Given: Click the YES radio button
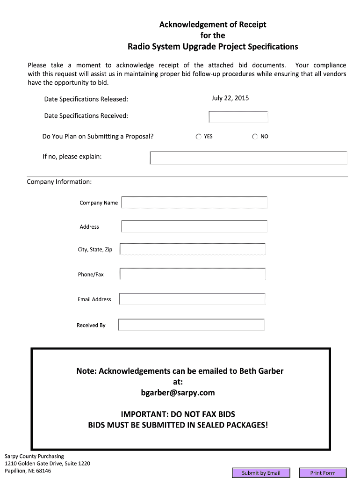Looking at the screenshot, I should pyautogui.click(x=199, y=137).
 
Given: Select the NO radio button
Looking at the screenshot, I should pyautogui.click(x=255, y=137).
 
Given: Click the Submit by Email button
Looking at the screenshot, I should pyautogui.click(x=261, y=473).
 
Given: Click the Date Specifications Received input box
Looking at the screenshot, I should pyautogui.click(x=238, y=117).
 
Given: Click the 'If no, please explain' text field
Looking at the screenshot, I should pyautogui.click(x=248, y=158).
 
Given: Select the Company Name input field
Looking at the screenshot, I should pyautogui.click(x=194, y=203).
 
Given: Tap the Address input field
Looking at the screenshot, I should pyautogui.click(x=194, y=226).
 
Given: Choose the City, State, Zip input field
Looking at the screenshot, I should pyautogui.click(x=193, y=249).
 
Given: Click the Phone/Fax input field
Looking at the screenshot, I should pyautogui.click(x=193, y=274).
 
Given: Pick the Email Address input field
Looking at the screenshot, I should pyautogui.click(x=192, y=299).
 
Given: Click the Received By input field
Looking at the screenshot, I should pyautogui.click(x=192, y=325).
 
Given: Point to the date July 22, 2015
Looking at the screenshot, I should pyautogui.click(x=230, y=98).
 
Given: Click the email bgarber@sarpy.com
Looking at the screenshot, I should pyautogui.click(x=178, y=392).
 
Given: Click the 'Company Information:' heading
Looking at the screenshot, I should pyautogui.click(x=59, y=181).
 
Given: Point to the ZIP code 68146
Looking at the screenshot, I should pyautogui.click(x=43, y=471).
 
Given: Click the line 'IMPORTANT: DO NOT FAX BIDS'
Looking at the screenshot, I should pyautogui.click(x=178, y=414).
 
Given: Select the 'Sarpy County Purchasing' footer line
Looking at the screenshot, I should pyautogui.click(x=34, y=456).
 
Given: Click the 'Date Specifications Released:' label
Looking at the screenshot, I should pyautogui.click(x=86, y=99).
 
